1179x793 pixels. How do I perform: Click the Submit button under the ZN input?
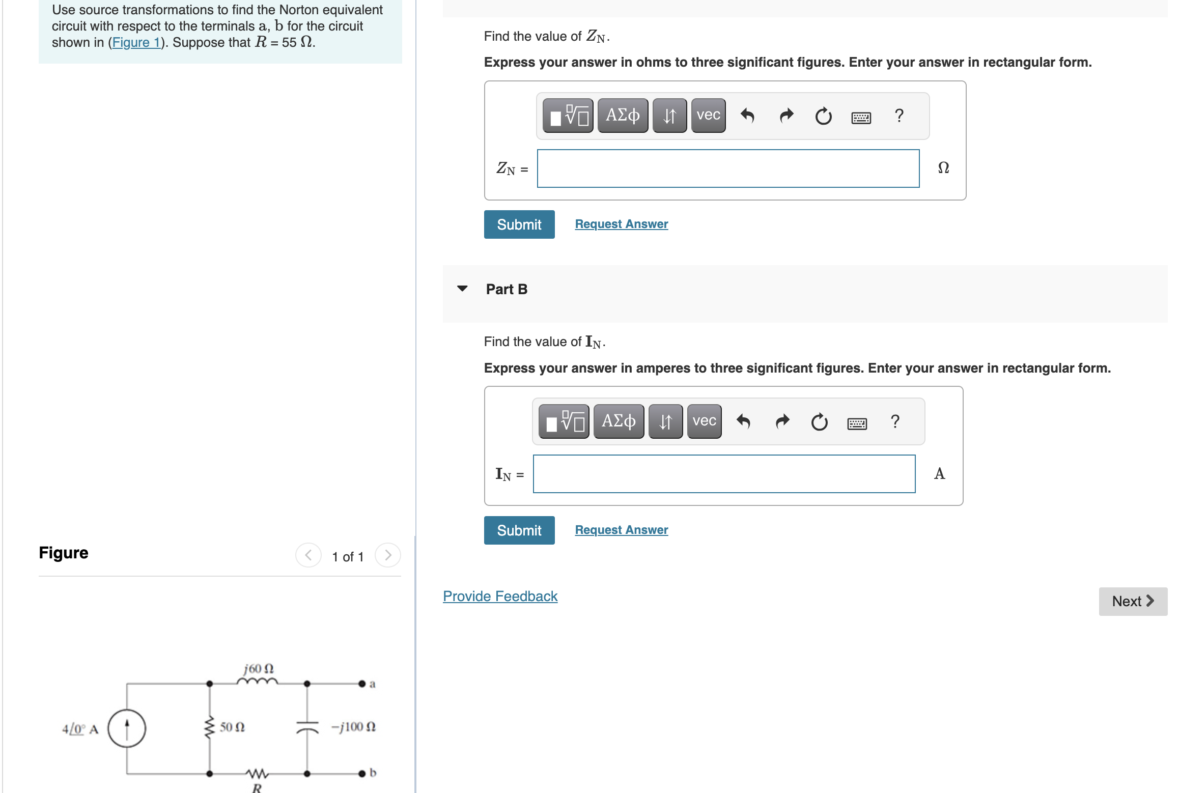[519, 224]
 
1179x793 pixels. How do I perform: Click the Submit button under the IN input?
[519, 530]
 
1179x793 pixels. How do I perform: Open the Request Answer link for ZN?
[621, 224]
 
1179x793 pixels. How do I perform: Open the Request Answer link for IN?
[621, 530]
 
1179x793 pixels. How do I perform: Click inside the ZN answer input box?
[728, 168]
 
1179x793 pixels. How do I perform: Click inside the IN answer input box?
[724, 474]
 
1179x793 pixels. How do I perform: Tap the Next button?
[1132, 601]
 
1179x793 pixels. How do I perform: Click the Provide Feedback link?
[500, 596]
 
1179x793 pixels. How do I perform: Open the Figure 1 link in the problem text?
[136, 42]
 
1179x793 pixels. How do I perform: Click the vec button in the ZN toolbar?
[708, 116]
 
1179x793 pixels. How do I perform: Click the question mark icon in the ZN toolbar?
[899, 116]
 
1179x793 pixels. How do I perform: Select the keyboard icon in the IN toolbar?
[857, 423]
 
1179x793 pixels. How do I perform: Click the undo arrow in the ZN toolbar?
[747, 116]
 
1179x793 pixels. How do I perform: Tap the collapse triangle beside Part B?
[462, 289]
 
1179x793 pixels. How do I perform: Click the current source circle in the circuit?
[127, 728]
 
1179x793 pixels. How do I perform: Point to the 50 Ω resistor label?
[232, 727]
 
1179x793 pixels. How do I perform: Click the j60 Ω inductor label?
[259, 668]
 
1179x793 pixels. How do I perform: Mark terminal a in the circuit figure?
[362, 684]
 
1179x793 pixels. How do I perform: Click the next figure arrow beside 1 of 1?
[387, 555]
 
